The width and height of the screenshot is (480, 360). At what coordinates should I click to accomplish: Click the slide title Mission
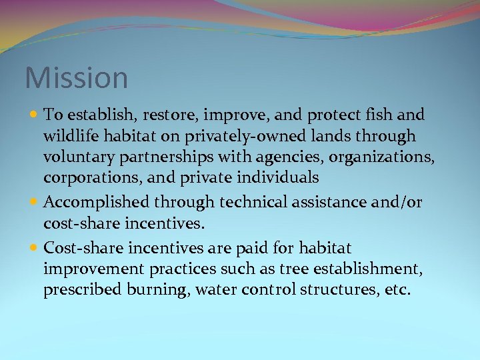(76, 78)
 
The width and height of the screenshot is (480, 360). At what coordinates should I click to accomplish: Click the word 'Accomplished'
(96, 202)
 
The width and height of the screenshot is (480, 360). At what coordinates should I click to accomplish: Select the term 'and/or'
(397, 202)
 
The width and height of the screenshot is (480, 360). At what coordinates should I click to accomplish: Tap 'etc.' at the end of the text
(397, 291)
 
